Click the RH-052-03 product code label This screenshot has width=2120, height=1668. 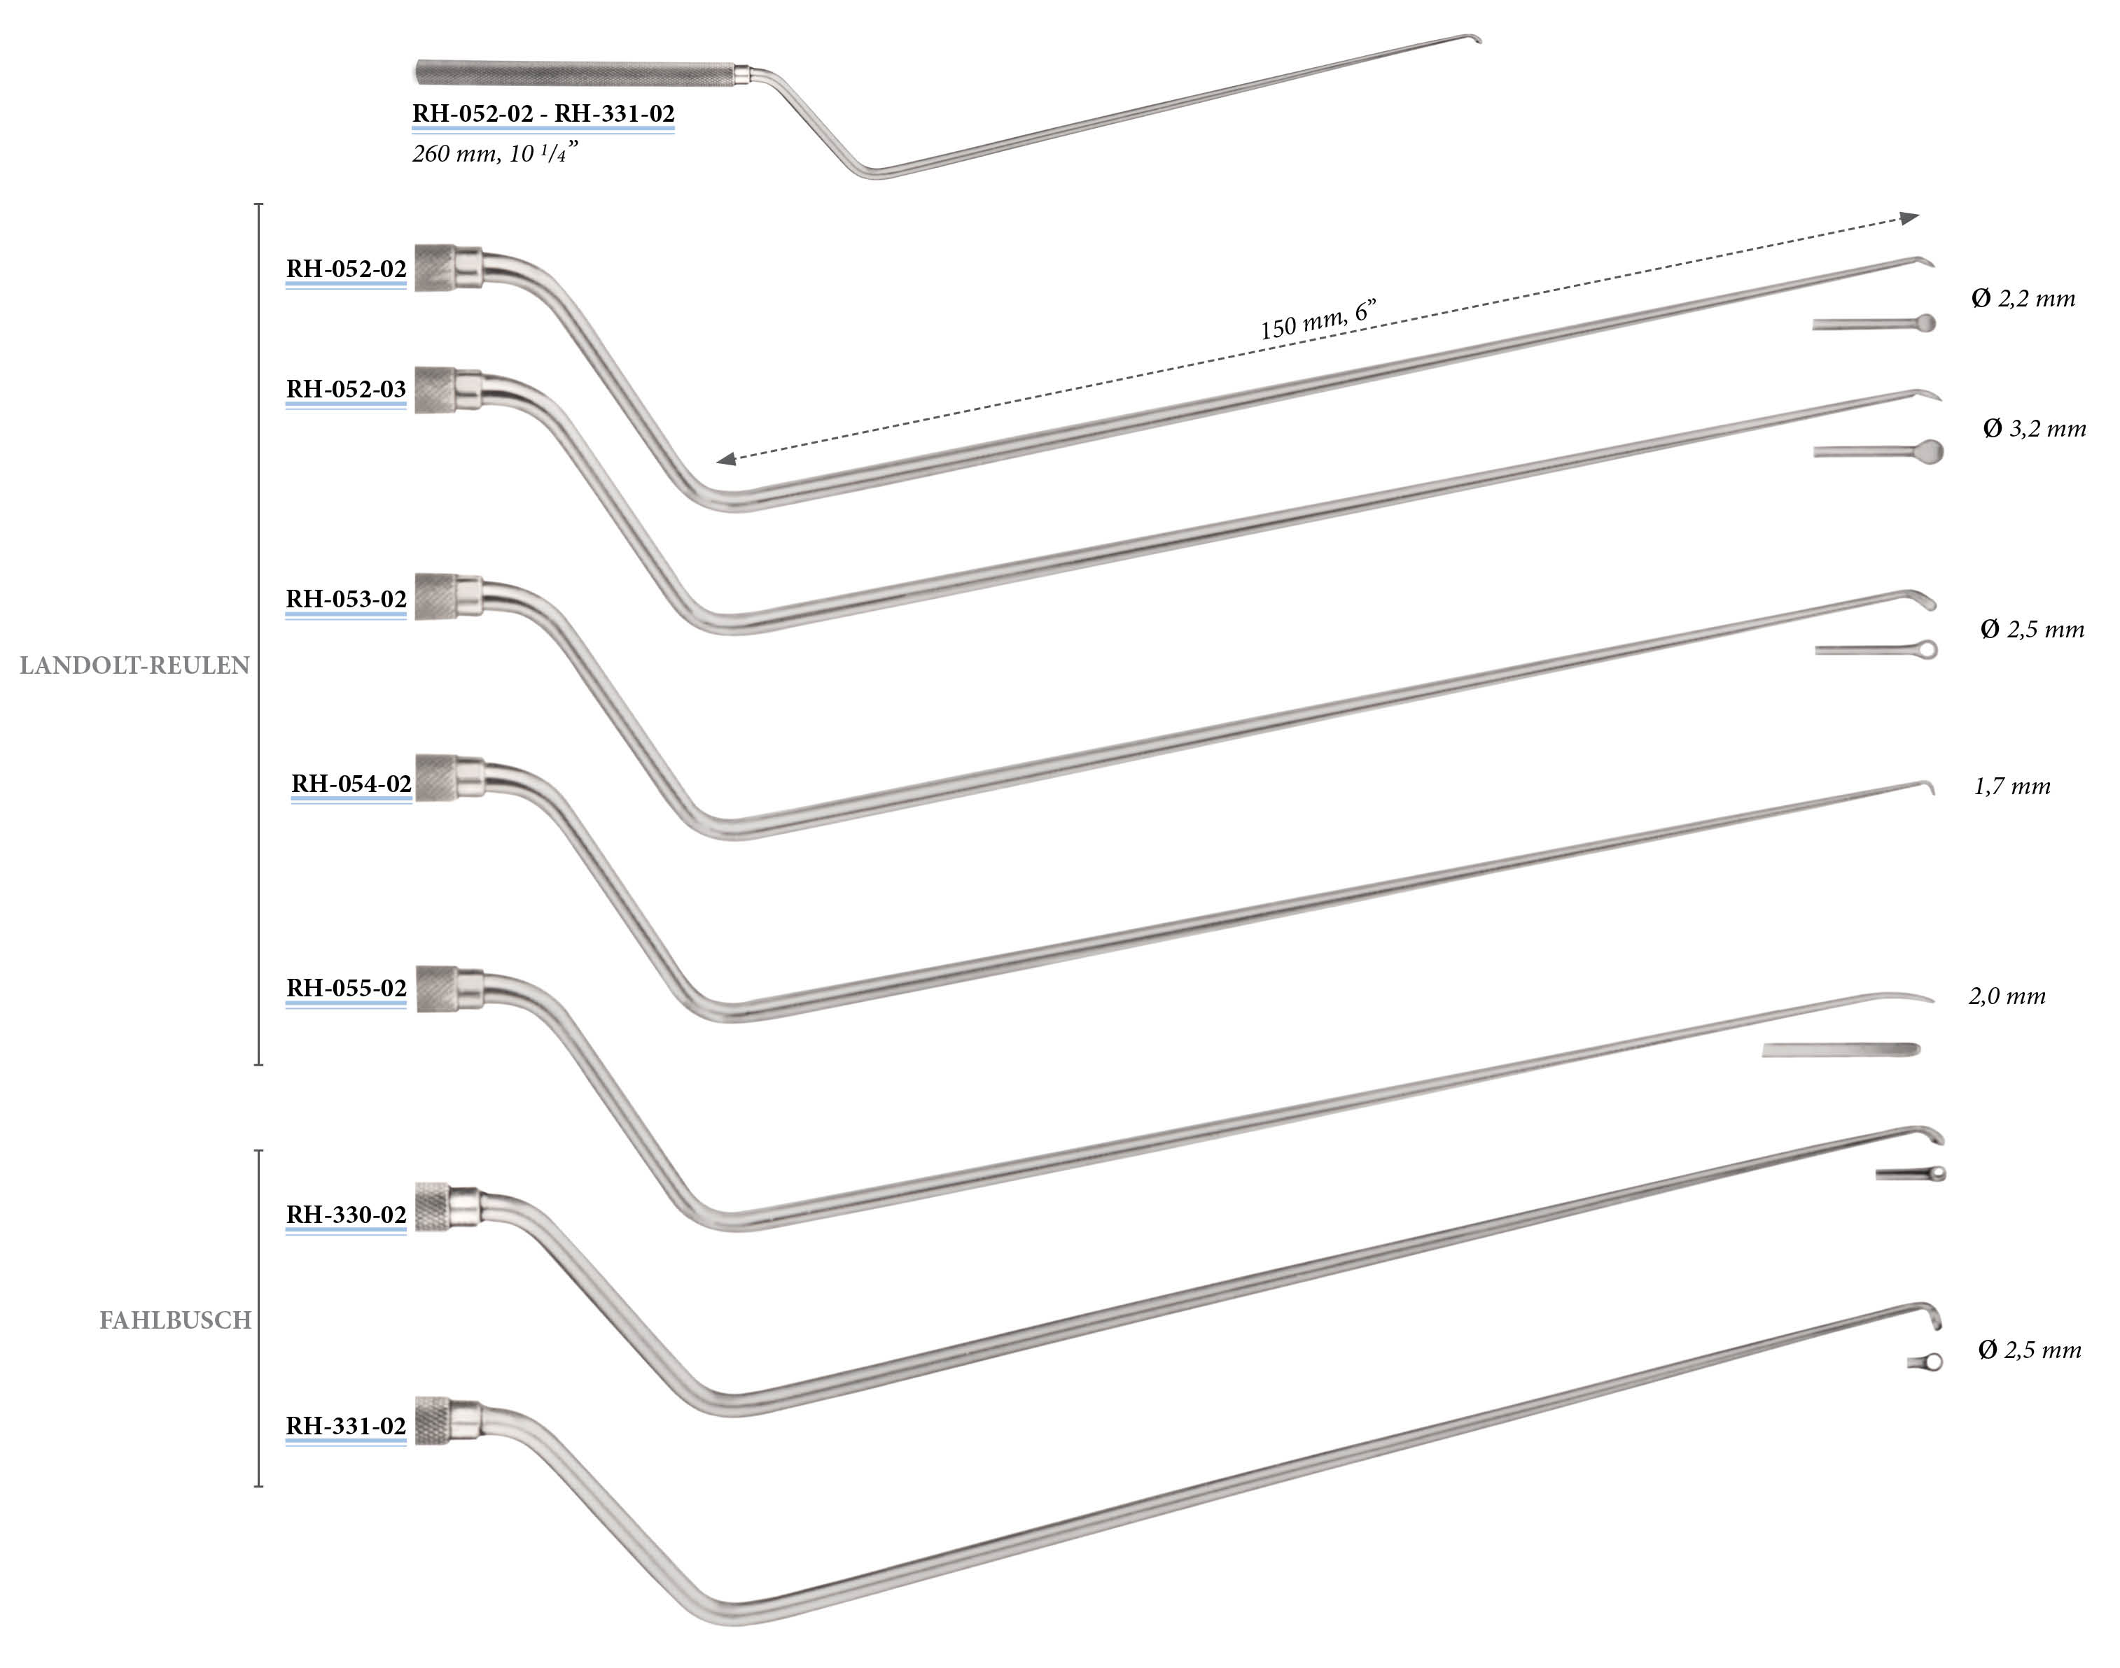point(346,389)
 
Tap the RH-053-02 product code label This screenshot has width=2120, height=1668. point(346,599)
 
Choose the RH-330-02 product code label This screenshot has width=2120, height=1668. point(346,1214)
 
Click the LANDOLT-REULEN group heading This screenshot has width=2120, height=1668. point(135,665)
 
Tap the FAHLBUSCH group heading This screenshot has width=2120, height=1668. point(176,1320)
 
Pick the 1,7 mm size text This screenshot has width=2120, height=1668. point(2011,786)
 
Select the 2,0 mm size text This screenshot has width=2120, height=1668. point(2007,996)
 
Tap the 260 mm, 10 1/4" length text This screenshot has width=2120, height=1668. point(494,153)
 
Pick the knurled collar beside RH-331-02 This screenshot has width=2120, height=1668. point(433,1421)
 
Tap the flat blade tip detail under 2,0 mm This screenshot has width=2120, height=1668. point(1841,1049)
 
